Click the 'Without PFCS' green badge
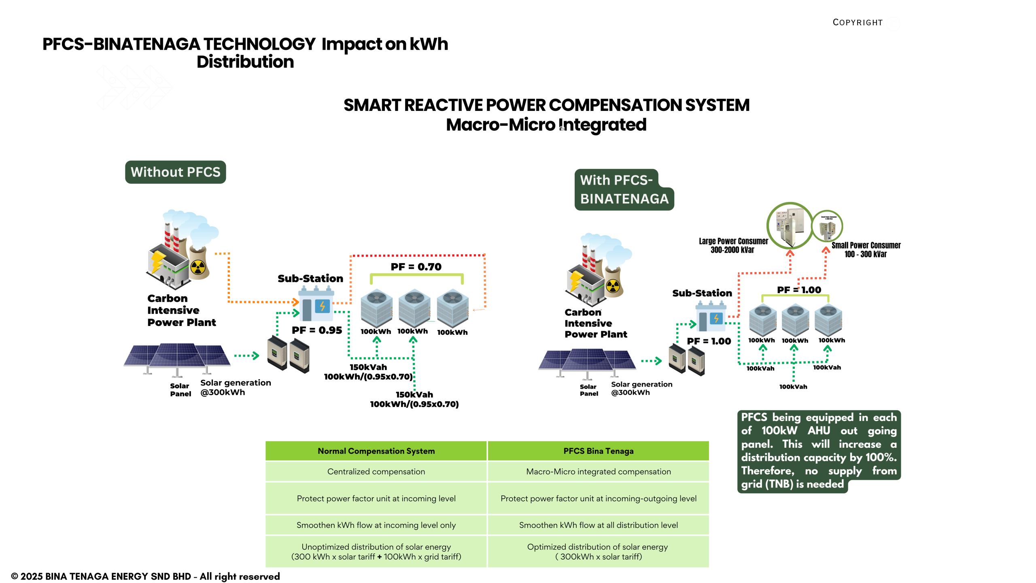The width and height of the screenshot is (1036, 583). pyautogui.click(x=175, y=172)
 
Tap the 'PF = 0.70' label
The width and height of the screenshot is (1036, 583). pyautogui.click(x=416, y=267)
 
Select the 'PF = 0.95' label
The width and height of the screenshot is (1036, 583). pyautogui.click(x=317, y=330)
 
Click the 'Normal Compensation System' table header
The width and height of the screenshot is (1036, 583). pyautogui.click(x=376, y=451)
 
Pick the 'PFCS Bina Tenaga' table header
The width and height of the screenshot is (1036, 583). pyautogui.click(x=598, y=451)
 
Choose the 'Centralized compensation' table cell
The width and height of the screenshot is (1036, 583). pyautogui.click(x=376, y=472)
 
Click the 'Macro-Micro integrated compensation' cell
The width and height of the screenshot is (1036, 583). pyautogui.click(x=598, y=472)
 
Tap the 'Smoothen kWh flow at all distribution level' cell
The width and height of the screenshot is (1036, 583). pyautogui.click(x=598, y=525)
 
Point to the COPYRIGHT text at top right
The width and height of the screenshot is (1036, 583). pyautogui.click(x=858, y=23)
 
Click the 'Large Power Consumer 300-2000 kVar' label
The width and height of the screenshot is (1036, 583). pyautogui.click(x=733, y=245)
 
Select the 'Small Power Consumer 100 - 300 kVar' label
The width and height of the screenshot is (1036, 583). pyautogui.click(x=866, y=250)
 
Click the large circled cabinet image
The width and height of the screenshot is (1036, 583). pyautogui.click(x=790, y=225)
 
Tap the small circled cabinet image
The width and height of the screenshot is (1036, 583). pyautogui.click(x=827, y=226)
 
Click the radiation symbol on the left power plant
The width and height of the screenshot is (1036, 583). pyautogui.click(x=198, y=267)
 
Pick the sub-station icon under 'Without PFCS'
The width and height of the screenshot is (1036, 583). pyautogui.click(x=316, y=304)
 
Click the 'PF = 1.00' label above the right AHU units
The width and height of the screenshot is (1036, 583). pyautogui.click(x=799, y=290)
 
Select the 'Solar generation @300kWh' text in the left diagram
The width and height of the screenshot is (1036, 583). pyautogui.click(x=236, y=387)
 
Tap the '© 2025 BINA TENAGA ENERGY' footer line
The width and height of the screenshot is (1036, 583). pyautogui.click(x=145, y=576)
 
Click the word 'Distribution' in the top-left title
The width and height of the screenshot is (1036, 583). pyautogui.click(x=245, y=62)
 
